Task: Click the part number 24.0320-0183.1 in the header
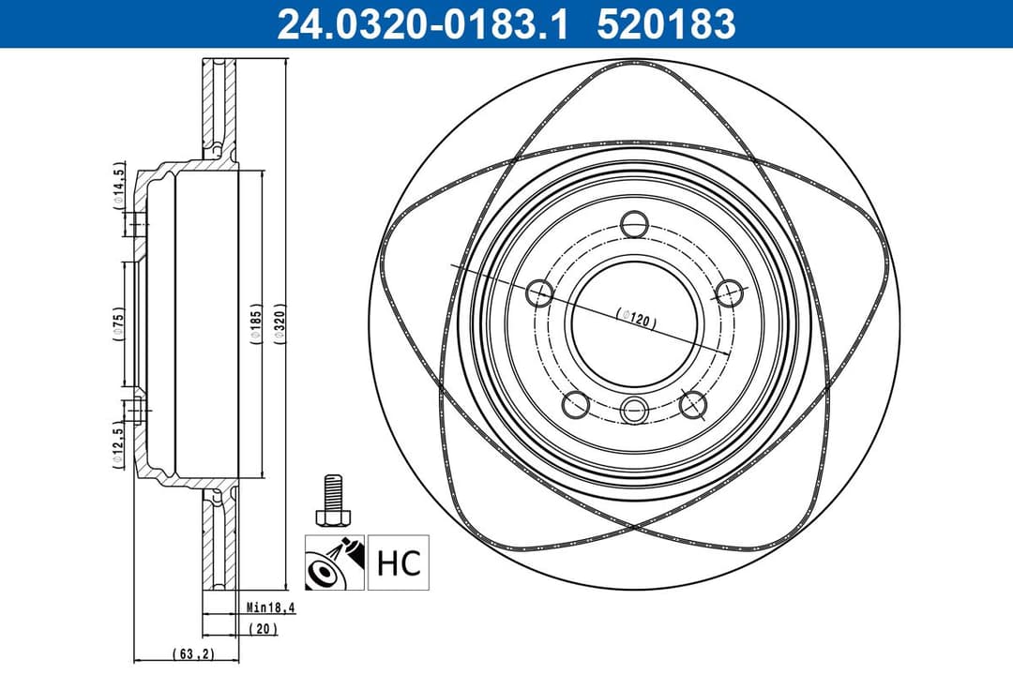422,23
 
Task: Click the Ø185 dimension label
255,323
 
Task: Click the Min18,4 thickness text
271,607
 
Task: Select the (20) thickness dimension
263,629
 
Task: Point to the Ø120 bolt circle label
636,318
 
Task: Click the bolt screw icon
333,502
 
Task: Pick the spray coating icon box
333,562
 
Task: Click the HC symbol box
398,562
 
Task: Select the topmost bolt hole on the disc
636,225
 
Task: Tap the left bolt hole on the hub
539,293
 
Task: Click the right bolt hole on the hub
729,292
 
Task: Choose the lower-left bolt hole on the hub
576,405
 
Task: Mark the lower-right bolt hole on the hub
693,405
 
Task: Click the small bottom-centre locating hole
636,410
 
